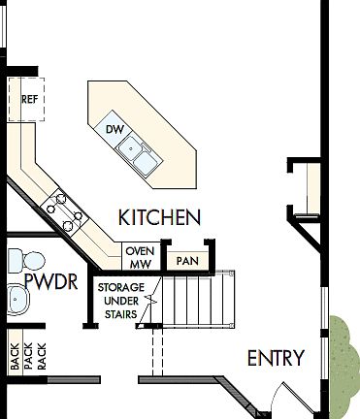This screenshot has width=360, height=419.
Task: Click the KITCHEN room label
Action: coord(159,217)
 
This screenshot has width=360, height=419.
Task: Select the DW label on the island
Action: coord(114,129)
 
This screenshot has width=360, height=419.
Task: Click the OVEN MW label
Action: coord(139,257)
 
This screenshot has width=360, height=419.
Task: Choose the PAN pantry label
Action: coord(186,261)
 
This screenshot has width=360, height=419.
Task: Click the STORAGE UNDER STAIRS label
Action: coord(121,301)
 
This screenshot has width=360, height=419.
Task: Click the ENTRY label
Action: coord(276,358)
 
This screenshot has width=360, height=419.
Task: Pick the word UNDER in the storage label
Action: coord(121,301)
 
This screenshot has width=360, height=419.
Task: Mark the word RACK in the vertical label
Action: coord(41,357)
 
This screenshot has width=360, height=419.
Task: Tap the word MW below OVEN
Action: coord(138,263)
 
